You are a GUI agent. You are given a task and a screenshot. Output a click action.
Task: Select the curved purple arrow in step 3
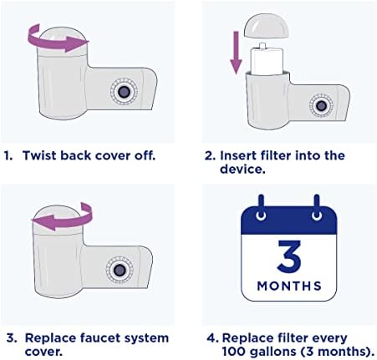61,221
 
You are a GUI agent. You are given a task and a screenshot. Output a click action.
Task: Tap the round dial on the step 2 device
318,105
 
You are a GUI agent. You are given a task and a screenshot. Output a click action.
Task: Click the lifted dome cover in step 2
266,26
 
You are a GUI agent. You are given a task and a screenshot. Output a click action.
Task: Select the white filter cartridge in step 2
265,59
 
